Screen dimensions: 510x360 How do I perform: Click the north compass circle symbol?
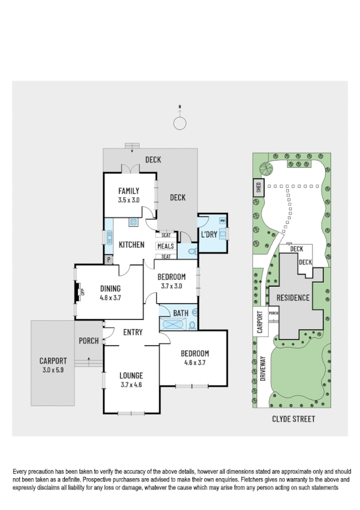(180, 123)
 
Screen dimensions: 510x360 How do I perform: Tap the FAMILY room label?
(129, 191)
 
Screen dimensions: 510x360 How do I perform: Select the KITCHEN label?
(131, 245)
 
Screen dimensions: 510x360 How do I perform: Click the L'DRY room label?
(209, 233)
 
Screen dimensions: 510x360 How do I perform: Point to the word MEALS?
(165, 246)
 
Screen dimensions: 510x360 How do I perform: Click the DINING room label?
(110, 288)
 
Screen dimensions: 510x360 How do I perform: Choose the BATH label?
(180, 313)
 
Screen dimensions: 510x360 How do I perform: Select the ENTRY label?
(132, 332)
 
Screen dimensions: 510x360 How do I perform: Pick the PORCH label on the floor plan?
(88, 341)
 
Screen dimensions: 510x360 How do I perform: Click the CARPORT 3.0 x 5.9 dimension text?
(53, 370)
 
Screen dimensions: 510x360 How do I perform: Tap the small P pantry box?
(109, 260)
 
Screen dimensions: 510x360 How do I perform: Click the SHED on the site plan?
(258, 188)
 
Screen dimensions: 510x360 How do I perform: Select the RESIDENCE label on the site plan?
(293, 298)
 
